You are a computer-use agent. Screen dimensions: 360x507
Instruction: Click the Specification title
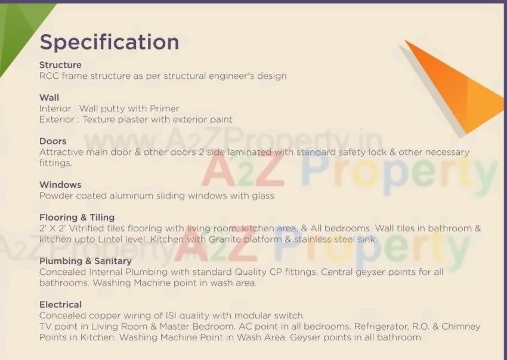[x=109, y=42]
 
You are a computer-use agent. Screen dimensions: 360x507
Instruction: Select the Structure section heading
[x=60, y=65]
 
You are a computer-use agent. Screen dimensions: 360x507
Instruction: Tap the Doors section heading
[x=52, y=141]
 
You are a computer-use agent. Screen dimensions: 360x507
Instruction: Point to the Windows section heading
[x=60, y=185]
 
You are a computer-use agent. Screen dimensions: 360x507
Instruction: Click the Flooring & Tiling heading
[x=77, y=218]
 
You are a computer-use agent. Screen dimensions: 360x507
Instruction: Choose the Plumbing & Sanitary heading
[x=85, y=261]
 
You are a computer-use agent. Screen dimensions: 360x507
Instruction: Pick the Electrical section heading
[x=60, y=305]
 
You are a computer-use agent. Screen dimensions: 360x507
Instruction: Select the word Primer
[x=165, y=108]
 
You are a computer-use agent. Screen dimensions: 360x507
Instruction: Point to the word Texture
[x=100, y=119]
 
